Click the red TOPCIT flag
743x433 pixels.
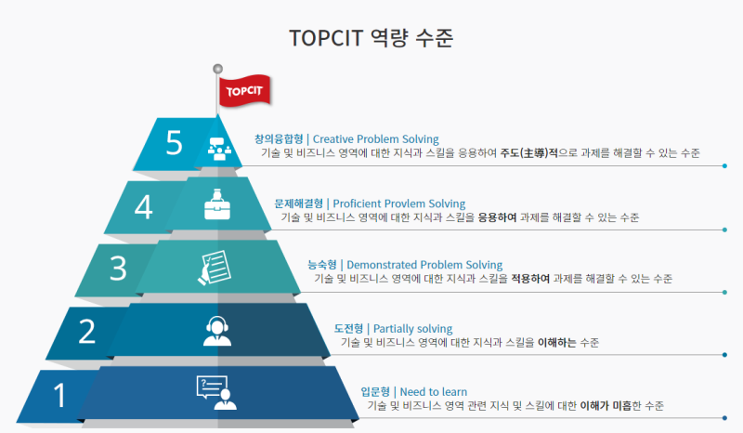pyautogui.click(x=244, y=90)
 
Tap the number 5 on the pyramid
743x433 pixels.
pyautogui.click(x=175, y=142)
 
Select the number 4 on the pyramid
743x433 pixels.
pyautogui.click(x=143, y=206)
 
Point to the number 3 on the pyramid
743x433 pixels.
pyautogui.click(x=118, y=269)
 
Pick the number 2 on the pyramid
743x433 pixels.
pyautogui.click(x=87, y=332)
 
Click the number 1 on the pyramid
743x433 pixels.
pyautogui.click(x=60, y=396)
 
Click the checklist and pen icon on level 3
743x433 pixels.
pyautogui.click(x=213, y=267)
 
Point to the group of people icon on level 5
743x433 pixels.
pyautogui.click(x=218, y=145)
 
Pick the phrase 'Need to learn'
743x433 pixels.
pyautogui.click(x=434, y=391)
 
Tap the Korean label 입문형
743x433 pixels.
pyautogui.click(x=374, y=391)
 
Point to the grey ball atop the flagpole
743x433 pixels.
pyautogui.click(x=218, y=68)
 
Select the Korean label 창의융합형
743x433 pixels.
pyautogui.click(x=280, y=139)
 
